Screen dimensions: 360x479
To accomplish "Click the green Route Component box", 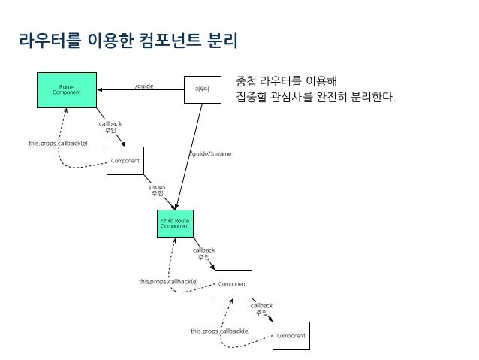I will point(67,89).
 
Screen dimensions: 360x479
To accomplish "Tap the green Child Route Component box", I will point(174,222).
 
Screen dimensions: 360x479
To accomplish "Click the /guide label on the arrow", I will point(144,86).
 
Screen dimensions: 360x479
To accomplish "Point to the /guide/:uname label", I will point(211,154).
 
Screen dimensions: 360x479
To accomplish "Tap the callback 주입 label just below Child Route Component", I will point(203,253).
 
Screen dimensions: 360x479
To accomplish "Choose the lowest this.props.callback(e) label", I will point(220,331).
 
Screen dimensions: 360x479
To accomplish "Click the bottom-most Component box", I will point(291,335).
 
